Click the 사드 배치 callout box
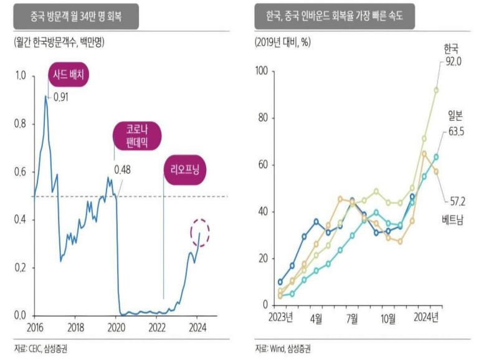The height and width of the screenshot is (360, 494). click(69, 76)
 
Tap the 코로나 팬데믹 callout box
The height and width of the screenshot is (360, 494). click(136, 136)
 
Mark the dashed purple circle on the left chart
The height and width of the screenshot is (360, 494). click(200, 233)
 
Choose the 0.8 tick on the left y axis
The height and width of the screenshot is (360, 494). click(20, 124)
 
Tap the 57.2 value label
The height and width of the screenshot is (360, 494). click(459, 201)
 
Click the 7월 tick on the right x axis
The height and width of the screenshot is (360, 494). click(352, 318)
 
